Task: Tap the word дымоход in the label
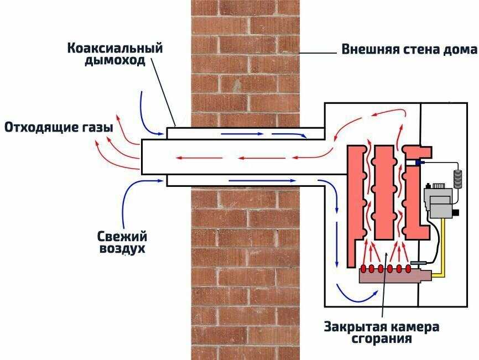(115, 60)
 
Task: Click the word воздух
(122, 249)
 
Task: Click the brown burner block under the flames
(387, 276)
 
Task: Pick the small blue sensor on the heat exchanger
(416, 162)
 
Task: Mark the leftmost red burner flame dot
(363, 269)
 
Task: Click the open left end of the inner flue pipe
(143, 156)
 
